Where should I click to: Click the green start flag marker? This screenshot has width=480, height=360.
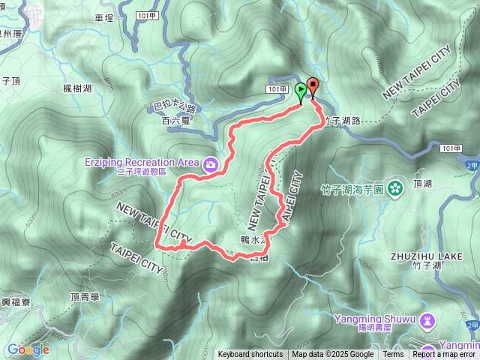pos(301,91)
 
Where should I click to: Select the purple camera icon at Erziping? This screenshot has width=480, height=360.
pos(211,163)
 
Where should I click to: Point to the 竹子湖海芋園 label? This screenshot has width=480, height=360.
pos(357,190)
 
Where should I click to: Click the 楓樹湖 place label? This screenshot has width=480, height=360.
pos(77,88)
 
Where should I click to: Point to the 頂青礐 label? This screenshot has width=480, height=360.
pos(85,297)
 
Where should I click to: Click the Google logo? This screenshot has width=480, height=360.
pos(28,349)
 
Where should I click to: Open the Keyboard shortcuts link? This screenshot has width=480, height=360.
pos(250,355)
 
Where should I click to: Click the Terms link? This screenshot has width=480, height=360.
pos(393,355)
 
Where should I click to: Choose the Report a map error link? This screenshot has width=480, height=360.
pos(444,355)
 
